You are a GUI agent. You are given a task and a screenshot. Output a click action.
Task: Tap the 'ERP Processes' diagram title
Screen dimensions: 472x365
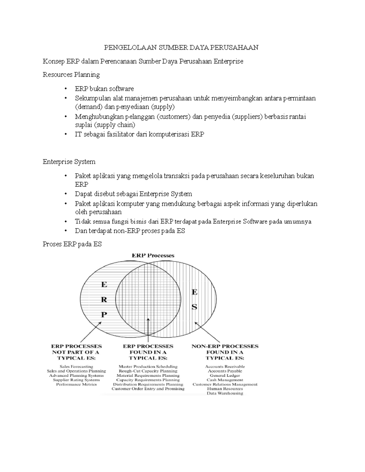pyautogui.click(x=153, y=255)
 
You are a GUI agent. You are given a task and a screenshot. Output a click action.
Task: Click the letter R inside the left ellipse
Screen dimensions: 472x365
pyautogui.click(x=104, y=300)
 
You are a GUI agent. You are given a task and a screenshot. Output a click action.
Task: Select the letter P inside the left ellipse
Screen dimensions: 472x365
pyautogui.click(x=104, y=315)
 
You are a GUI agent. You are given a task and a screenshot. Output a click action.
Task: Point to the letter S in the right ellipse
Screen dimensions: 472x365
pyautogui.click(x=194, y=307)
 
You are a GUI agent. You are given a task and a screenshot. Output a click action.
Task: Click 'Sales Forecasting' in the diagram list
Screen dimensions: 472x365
pyautogui.click(x=76, y=367)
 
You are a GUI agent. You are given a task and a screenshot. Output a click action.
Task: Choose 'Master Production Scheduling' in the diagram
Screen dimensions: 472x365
pyautogui.click(x=148, y=367)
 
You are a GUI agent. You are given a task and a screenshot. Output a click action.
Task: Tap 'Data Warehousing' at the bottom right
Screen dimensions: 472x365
pyautogui.click(x=225, y=393)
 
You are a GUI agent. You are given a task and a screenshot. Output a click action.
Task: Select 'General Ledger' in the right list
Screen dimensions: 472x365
pyautogui.click(x=225, y=375)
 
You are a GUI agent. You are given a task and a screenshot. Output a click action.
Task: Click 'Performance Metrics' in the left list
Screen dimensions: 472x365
pyautogui.click(x=76, y=384)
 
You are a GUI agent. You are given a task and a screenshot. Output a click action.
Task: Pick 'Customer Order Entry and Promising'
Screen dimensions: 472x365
pyautogui.click(x=148, y=389)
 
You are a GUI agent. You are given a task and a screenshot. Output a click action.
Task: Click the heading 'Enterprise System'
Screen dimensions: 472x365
pyautogui.click(x=69, y=162)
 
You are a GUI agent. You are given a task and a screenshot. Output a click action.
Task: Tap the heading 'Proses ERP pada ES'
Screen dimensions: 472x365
pyautogui.click(x=72, y=244)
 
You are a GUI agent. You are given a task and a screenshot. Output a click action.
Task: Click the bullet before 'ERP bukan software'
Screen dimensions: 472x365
pyautogui.click(x=65, y=89)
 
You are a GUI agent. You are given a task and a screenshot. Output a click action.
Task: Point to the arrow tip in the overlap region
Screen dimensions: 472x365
pyautogui.click(x=148, y=319)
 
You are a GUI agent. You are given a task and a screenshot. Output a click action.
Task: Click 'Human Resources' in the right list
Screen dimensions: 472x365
pyautogui.click(x=225, y=389)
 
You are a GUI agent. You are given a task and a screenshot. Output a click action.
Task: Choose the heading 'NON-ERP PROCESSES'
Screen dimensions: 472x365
pyautogui.click(x=225, y=346)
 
